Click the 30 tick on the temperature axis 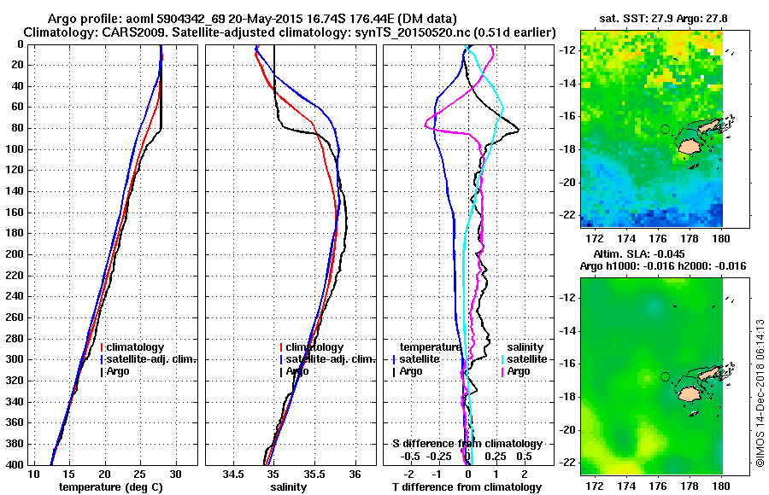[175, 474]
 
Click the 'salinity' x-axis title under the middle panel [288, 486]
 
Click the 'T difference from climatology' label [467, 486]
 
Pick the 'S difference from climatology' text [467, 444]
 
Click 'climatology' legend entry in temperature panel [134, 347]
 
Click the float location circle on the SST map [665, 129]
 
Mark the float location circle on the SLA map [665, 376]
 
